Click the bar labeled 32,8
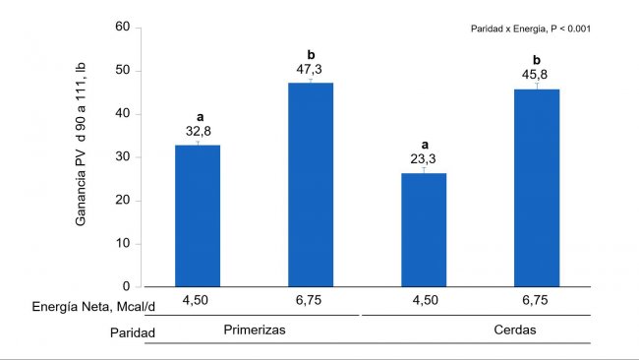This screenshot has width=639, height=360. click(197, 215)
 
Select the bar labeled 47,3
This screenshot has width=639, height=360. click(310, 184)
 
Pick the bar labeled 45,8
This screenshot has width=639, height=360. click(537, 187)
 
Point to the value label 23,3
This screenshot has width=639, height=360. click(423, 157)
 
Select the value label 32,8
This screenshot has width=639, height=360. click(197, 131)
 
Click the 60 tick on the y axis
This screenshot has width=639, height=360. click(123, 28)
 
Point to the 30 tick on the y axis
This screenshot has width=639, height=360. click(123, 157)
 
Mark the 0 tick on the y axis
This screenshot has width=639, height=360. click(127, 287)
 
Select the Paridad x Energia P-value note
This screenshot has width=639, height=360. click(530, 29)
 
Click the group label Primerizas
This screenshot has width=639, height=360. click(254, 330)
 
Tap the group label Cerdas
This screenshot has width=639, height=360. click(515, 330)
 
